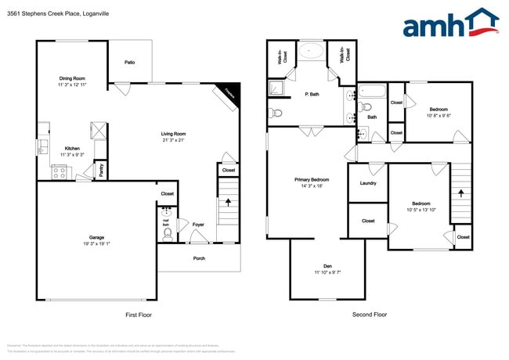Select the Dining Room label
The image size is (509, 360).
(x=71, y=77)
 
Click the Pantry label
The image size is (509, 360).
(x=101, y=169)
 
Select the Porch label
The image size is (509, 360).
(x=199, y=257)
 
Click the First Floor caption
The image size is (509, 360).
(x=139, y=315)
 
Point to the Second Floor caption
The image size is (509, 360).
(x=369, y=315)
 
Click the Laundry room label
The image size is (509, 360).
(x=368, y=184)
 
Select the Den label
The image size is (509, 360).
(x=327, y=266)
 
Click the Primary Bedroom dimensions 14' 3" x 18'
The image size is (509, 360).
(x=312, y=186)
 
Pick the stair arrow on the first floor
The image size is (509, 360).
(x=228, y=201)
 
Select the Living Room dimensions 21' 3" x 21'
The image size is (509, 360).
(x=173, y=141)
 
